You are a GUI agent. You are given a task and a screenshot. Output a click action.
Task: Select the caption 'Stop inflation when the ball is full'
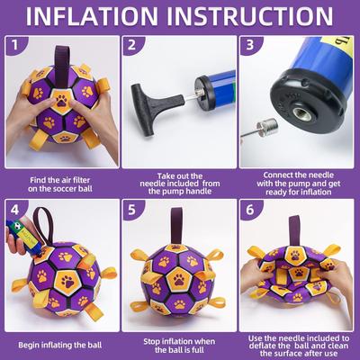tap(177, 344)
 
